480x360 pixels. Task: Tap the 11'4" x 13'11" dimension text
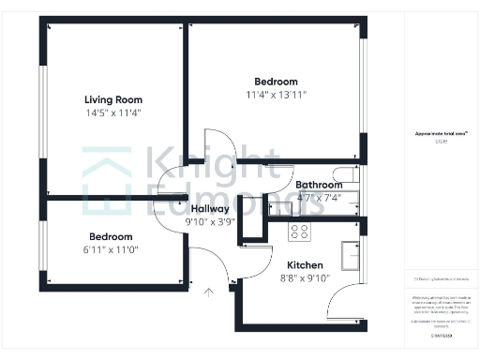(x=277, y=95)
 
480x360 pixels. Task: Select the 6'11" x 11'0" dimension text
(x=111, y=250)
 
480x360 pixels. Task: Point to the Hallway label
(x=209, y=209)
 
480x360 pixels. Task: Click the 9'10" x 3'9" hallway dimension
(x=209, y=222)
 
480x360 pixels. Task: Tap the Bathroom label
(x=319, y=186)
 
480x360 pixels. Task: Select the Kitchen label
(x=305, y=265)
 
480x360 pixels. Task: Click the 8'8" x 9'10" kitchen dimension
(x=305, y=278)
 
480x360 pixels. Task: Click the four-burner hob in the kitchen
(x=300, y=231)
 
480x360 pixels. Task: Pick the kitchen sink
(x=352, y=254)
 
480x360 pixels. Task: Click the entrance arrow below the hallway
(x=208, y=291)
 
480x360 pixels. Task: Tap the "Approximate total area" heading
(x=442, y=134)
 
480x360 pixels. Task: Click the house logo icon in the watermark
(x=106, y=178)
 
